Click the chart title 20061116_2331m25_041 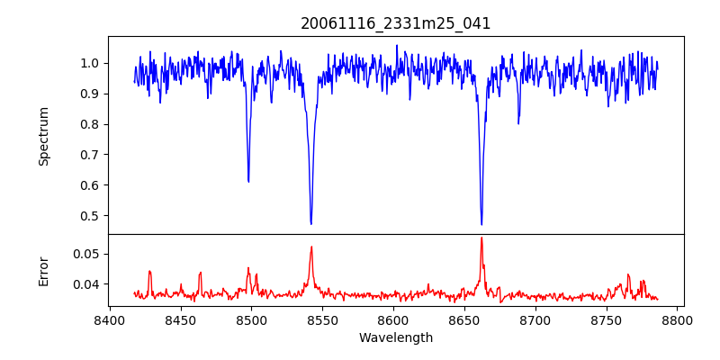[x=396, y=23]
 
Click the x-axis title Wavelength [x=396, y=337]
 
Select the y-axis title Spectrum [x=44, y=136]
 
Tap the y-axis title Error [x=44, y=270]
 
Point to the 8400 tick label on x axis [x=109, y=319]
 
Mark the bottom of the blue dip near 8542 [x=310, y=224]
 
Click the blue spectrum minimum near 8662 [x=481, y=224]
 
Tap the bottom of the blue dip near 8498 [x=248, y=182]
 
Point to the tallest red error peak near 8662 [x=481, y=238]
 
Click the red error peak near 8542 [x=311, y=247]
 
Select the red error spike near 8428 [x=149, y=271]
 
